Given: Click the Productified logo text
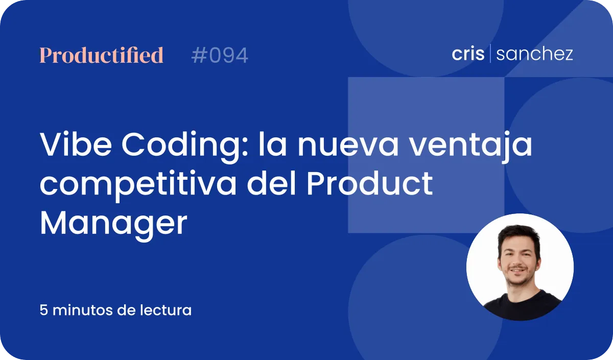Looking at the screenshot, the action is click(102, 55).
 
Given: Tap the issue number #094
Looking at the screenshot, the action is click(220, 55).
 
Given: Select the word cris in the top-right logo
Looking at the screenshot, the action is click(468, 53).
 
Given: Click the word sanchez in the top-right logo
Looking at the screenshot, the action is click(534, 54).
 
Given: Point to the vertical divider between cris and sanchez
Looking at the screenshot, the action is click(490, 53).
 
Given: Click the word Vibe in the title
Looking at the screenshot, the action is click(76, 144).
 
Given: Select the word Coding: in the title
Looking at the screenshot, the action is click(185, 147).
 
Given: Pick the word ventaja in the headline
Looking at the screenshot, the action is click(470, 147).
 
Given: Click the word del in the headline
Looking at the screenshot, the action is click(271, 183).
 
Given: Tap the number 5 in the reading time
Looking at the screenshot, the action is click(44, 310).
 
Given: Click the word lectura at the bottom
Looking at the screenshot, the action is click(166, 310).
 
